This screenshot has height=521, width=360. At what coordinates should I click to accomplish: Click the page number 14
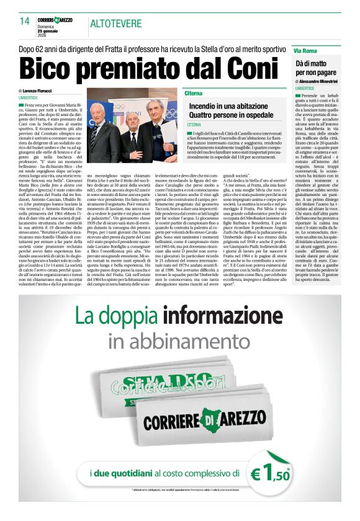[x=25, y=21]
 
